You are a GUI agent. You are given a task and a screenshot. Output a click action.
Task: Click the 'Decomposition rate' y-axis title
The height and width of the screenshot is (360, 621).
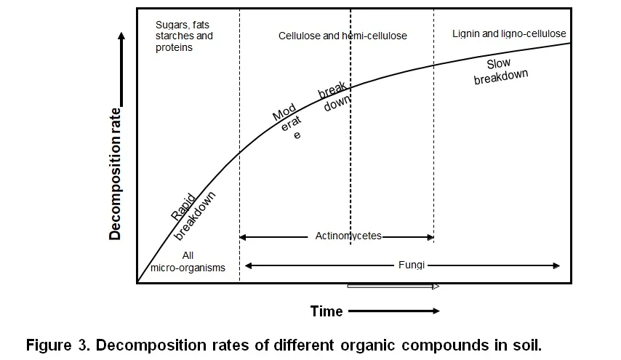[x=115, y=172]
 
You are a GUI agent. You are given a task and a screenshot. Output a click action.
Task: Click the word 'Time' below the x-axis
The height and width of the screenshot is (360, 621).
[x=326, y=311]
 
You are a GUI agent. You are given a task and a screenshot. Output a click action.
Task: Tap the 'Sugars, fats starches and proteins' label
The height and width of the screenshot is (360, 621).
[x=184, y=36]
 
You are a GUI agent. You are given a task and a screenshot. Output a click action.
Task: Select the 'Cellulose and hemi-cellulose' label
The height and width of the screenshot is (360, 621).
[x=342, y=36]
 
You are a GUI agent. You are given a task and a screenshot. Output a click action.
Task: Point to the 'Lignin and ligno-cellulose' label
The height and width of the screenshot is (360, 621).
[x=508, y=34]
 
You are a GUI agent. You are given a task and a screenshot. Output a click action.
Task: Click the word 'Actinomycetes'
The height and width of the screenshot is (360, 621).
[x=348, y=236]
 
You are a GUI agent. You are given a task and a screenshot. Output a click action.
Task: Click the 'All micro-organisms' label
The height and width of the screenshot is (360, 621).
[x=188, y=262]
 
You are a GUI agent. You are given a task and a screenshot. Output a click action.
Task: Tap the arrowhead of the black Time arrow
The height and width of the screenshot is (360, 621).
[x=436, y=311]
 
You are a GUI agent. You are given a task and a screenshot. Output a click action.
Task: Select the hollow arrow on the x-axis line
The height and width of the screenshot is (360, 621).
[x=393, y=287]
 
